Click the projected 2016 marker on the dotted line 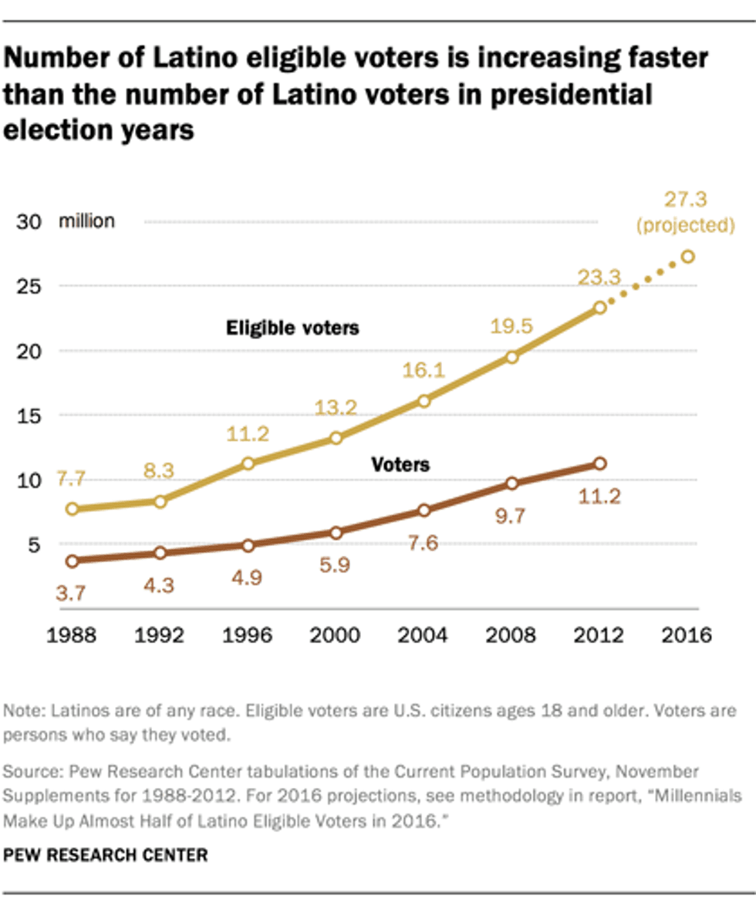(x=687, y=257)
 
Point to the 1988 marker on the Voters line (x=73, y=561)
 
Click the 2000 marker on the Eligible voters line (x=336, y=438)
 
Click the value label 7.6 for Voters (x=422, y=544)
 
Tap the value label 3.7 (x=71, y=593)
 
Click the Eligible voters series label (x=292, y=328)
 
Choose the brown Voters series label (x=400, y=465)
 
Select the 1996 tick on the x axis (x=248, y=638)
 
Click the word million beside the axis (x=87, y=222)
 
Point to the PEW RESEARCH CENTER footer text (x=106, y=855)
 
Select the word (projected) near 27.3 (x=687, y=227)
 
